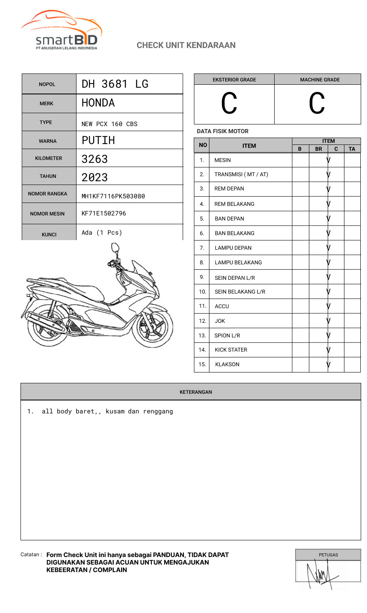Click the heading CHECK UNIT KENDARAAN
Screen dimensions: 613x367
coord(186,45)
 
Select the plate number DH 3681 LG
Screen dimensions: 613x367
coord(115,84)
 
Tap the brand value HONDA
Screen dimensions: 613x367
coord(98,103)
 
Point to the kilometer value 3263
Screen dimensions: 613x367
coord(95,159)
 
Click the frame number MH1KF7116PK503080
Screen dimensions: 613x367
coord(113,196)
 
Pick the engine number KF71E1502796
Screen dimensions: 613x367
coord(104,213)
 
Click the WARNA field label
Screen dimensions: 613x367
coord(48,141)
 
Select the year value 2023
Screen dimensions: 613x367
coord(95,177)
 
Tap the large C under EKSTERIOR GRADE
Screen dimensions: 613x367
coord(229,104)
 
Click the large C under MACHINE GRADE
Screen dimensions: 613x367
coord(317,104)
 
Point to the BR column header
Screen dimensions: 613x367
coord(319,149)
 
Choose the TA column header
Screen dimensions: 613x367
coord(352,149)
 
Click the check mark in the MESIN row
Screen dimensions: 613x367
coord(329,160)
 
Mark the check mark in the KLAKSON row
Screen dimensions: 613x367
coord(329,365)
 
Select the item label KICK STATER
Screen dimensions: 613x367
coord(231,350)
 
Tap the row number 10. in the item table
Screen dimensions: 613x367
coord(203,291)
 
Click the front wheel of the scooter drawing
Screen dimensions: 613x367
coord(154,326)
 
